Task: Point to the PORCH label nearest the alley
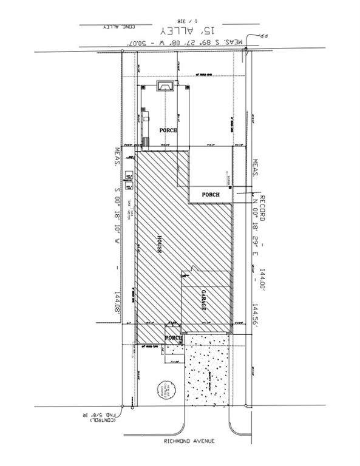(168, 130)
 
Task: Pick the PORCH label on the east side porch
(211, 195)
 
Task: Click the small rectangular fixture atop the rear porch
(165, 87)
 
